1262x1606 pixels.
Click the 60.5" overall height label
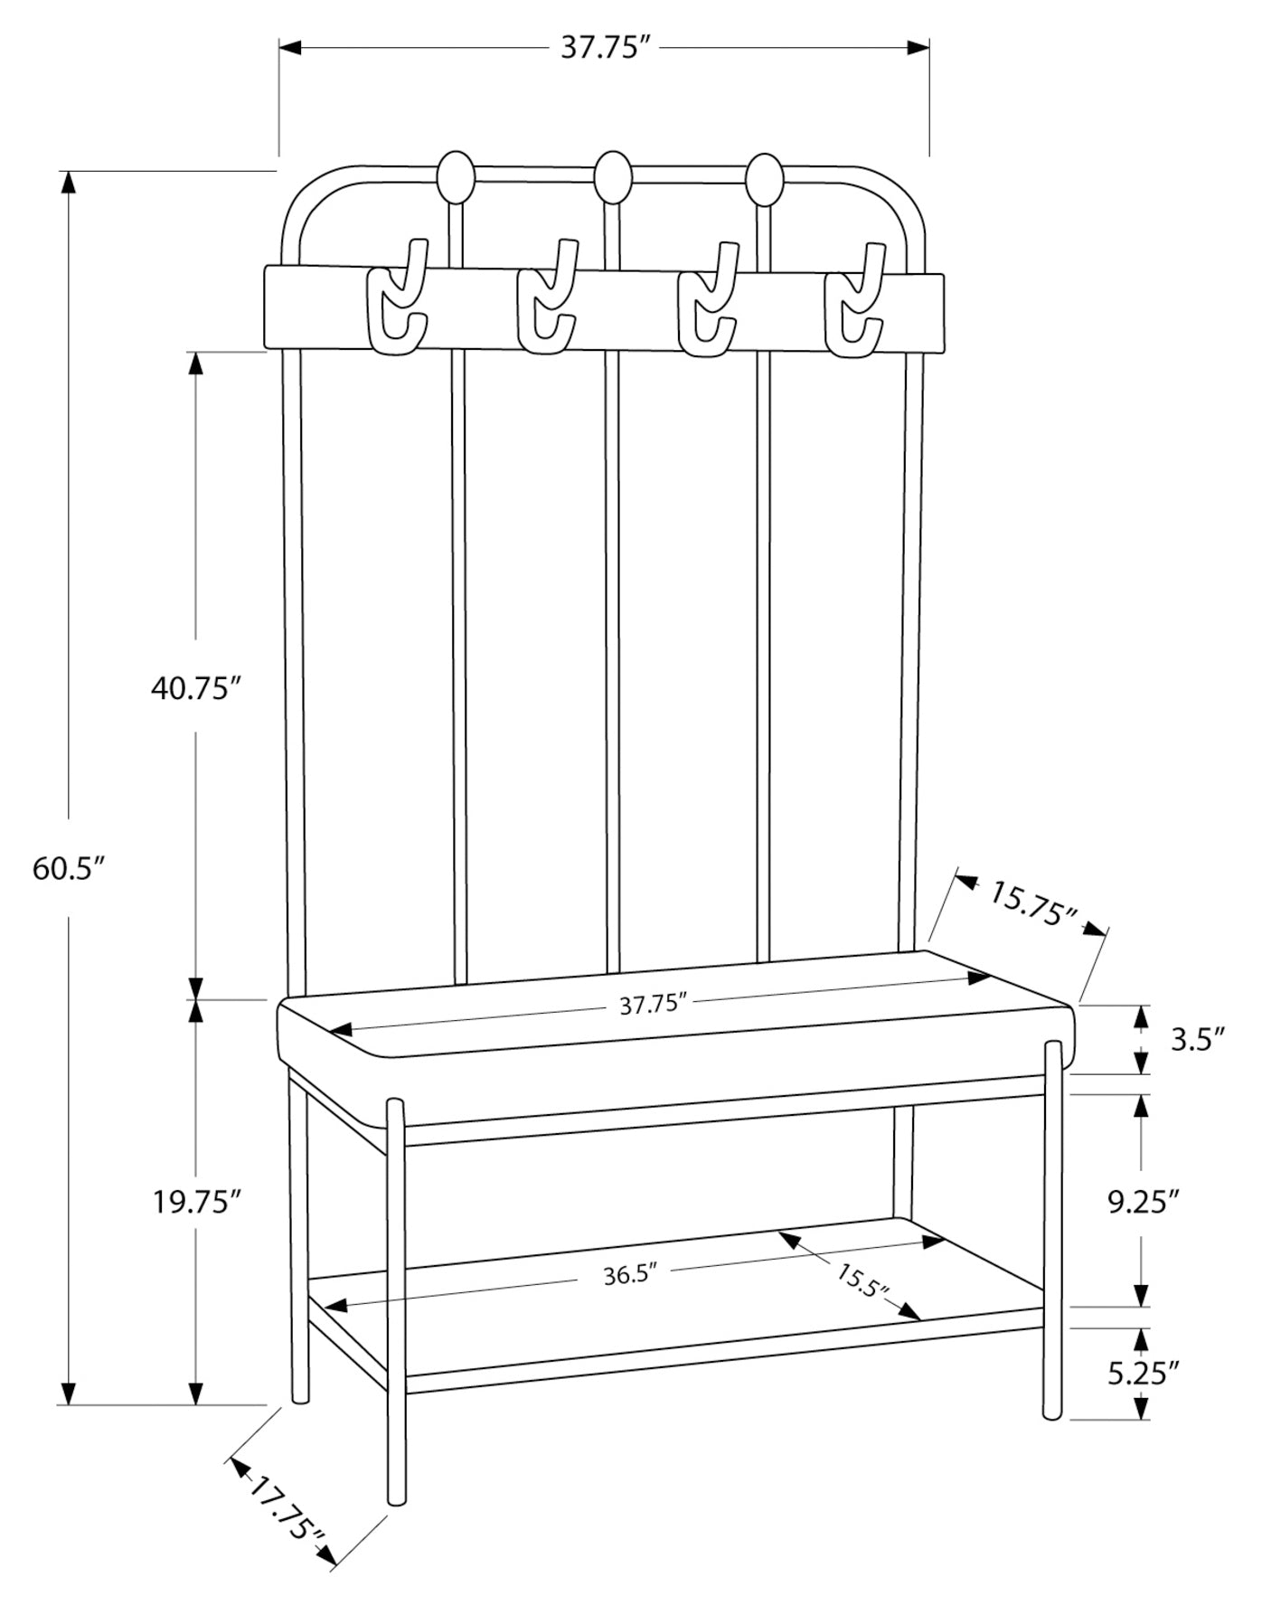coord(70,869)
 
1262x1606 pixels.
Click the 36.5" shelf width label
coord(629,1275)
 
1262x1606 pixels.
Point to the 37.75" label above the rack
coord(606,47)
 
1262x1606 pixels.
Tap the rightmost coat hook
coord(854,299)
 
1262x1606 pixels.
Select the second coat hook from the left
coord(547,297)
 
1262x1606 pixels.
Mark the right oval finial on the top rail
coord(765,178)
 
